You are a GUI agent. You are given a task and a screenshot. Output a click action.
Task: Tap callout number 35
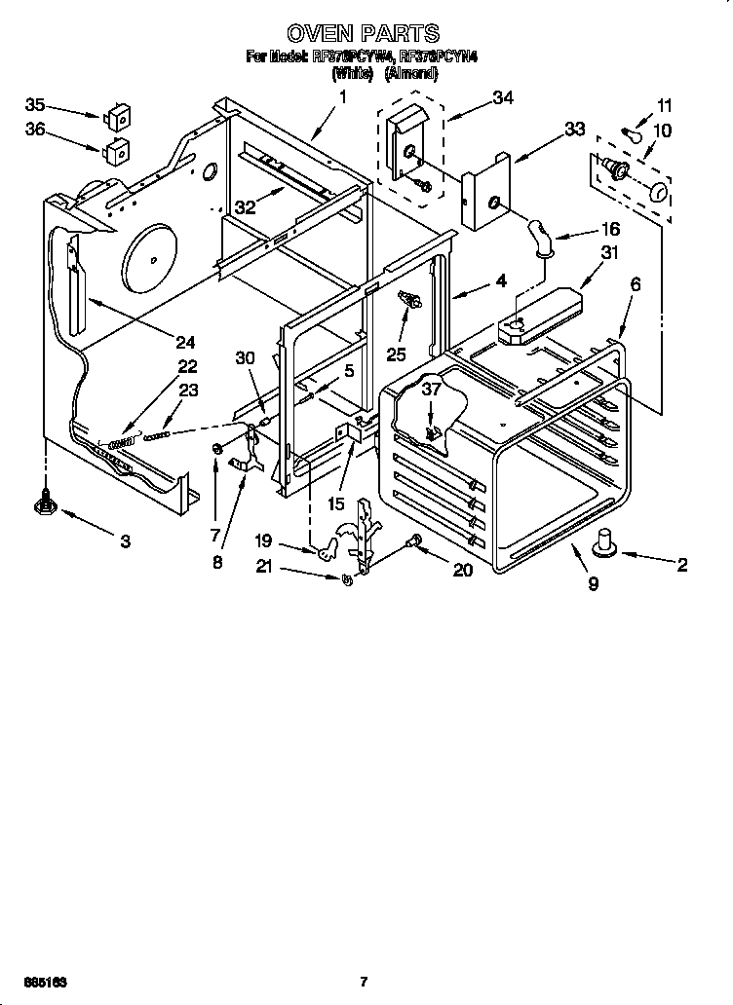[x=35, y=105]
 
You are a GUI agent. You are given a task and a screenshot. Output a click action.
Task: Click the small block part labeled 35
[x=118, y=116]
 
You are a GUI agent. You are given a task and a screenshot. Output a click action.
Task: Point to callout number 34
[x=503, y=97]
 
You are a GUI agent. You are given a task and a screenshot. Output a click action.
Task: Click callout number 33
[x=575, y=129]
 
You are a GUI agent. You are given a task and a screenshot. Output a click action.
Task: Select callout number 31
[x=610, y=253]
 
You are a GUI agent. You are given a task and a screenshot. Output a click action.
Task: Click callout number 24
[x=184, y=342]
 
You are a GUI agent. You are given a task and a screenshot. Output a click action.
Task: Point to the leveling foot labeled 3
[x=44, y=502]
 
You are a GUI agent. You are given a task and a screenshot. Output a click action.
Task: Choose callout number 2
[x=681, y=564]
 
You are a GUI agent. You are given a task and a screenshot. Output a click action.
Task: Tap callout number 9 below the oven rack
[x=593, y=584]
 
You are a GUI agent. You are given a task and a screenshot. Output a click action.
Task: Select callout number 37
[x=432, y=389]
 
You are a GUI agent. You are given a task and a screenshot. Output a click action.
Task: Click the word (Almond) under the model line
[x=410, y=72]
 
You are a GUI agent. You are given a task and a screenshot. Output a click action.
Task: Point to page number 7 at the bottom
[x=363, y=981]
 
